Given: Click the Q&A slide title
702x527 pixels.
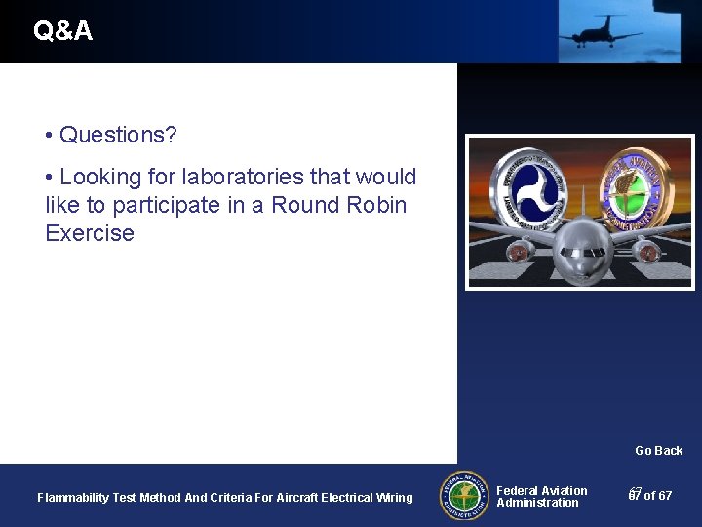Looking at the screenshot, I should point(63,31).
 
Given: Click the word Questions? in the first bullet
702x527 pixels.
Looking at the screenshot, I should point(118,135).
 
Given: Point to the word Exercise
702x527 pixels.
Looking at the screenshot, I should point(90,233).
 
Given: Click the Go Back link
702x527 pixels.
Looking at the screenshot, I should point(658,450).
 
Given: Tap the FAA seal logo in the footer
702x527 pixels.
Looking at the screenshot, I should point(464,496).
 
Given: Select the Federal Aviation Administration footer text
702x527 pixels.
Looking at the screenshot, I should point(541,497).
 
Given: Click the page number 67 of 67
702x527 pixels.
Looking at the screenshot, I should point(650,496).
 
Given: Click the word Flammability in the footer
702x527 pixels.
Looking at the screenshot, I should point(72,498).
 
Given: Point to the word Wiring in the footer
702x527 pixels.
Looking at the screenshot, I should point(394,498).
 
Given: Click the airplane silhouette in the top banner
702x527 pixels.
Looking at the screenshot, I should point(601,30).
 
